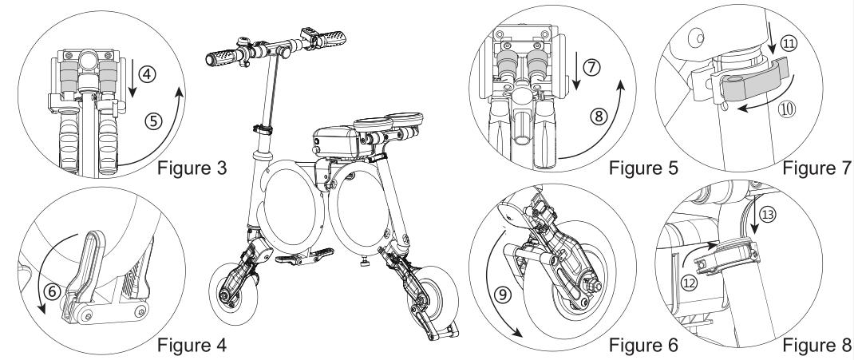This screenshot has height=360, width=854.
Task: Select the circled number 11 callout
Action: [x=789, y=45]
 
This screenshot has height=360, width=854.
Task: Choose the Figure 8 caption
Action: [x=816, y=346]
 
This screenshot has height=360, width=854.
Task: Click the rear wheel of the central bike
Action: [x=437, y=307]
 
